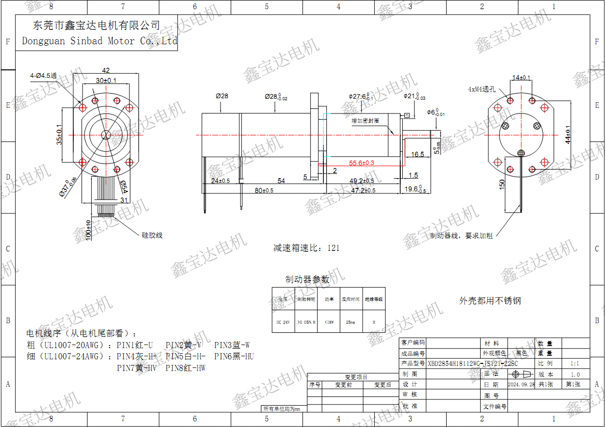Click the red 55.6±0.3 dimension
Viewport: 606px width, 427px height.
(362, 163)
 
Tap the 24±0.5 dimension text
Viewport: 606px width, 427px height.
(221, 181)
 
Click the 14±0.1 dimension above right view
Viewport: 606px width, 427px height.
(521, 78)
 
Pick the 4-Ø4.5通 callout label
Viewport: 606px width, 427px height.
(43, 76)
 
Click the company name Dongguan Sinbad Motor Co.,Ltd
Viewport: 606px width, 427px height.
(99, 41)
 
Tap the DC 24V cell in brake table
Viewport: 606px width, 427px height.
(282, 322)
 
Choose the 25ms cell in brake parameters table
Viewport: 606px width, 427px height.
(351, 322)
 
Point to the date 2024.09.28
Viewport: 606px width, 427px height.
(521, 384)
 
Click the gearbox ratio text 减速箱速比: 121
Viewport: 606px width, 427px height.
(306, 248)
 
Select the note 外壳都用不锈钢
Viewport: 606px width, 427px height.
(490, 301)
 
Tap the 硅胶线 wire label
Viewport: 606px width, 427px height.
(152, 235)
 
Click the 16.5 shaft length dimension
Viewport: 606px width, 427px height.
(417, 154)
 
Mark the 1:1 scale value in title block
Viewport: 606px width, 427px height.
(575, 363)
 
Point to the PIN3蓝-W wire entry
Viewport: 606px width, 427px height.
(232, 345)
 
